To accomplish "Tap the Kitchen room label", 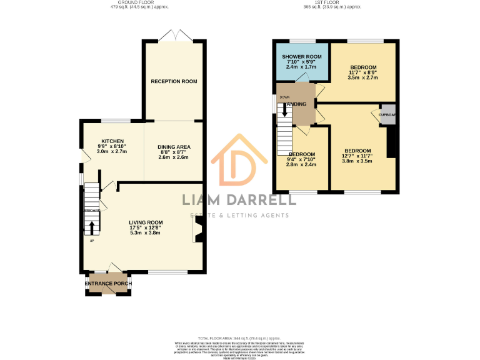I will (112, 141).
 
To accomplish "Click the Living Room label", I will (146, 222).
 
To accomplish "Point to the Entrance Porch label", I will (108, 284).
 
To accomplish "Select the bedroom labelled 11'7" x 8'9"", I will (363, 67).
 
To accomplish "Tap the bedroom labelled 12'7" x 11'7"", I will (357, 151).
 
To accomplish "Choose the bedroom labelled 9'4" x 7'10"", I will (302, 154).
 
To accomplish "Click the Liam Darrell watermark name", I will (239, 200).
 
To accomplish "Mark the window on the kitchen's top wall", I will (116, 121).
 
